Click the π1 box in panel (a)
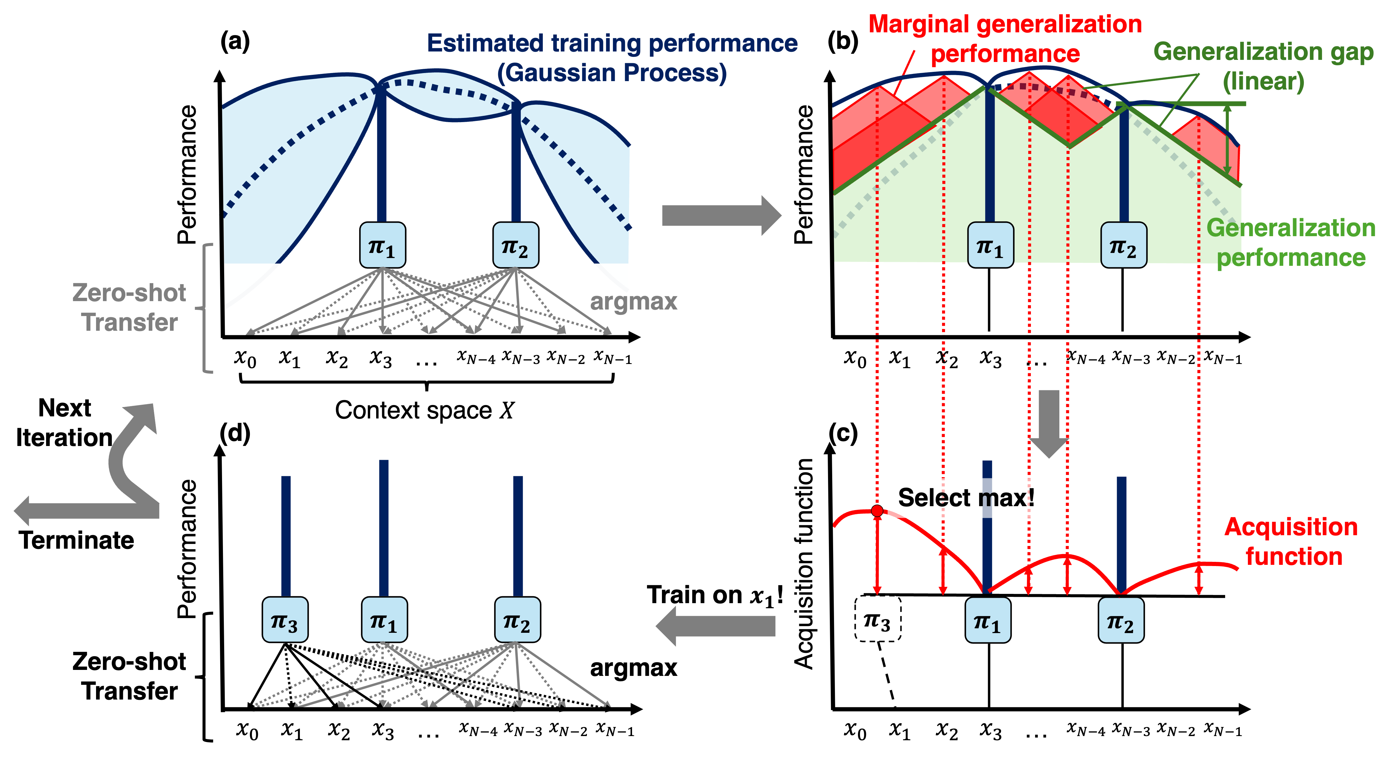(x=382, y=245)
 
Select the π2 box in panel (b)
(x=1123, y=245)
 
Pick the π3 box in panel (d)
(x=285, y=620)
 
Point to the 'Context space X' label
(x=424, y=410)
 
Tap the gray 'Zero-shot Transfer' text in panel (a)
(x=129, y=307)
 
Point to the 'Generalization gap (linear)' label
(x=1263, y=66)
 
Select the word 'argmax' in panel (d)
(x=633, y=668)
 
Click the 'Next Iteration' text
(x=64, y=423)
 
